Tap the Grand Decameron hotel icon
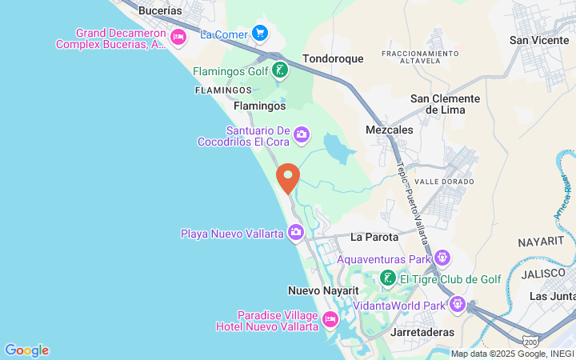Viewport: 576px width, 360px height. pyautogui.click(x=178, y=36)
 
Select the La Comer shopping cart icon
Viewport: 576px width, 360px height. pyautogui.click(x=259, y=33)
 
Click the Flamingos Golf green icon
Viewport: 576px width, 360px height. pyautogui.click(x=279, y=70)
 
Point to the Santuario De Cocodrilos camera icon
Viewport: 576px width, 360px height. pyautogui.click(x=301, y=134)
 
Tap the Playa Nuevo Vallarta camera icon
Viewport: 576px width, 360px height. pyautogui.click(x=296, y=233)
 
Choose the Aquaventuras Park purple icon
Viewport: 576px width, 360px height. pyautogui.click(x=442, y=258)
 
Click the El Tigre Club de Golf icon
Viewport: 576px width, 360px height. pyautogui.click(x=387, y=278)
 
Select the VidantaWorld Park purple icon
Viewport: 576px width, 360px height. pyautogui.click(x=457, y=304)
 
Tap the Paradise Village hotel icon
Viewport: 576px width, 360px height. pyautogui.click(x=330, y=320)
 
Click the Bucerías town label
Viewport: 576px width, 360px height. pyautogui.click(x=160, y=11)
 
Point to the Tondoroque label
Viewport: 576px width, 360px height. pyautogui.click(x=333, y=58)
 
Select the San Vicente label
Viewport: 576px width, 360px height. pyautogui.click(x=539, y=40)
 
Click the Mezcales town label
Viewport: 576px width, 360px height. pyautogui.click(x=389, y=130)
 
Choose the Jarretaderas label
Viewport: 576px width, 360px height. pyautogui.click(x=424, y=332)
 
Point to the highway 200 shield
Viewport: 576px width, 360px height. pyautogui.click(x=531, y=342)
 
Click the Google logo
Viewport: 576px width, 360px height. pyautogui.click(x=26, y=350)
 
